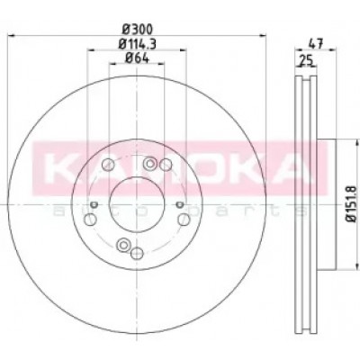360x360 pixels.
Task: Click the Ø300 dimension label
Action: (138, 29)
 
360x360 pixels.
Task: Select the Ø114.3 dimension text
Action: (137, 44)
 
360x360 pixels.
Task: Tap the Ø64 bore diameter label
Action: (137, 58)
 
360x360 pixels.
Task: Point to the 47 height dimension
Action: (316, 44)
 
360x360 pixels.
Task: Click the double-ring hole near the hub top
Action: (149, 164)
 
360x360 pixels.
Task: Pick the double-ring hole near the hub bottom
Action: (123, 245)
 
